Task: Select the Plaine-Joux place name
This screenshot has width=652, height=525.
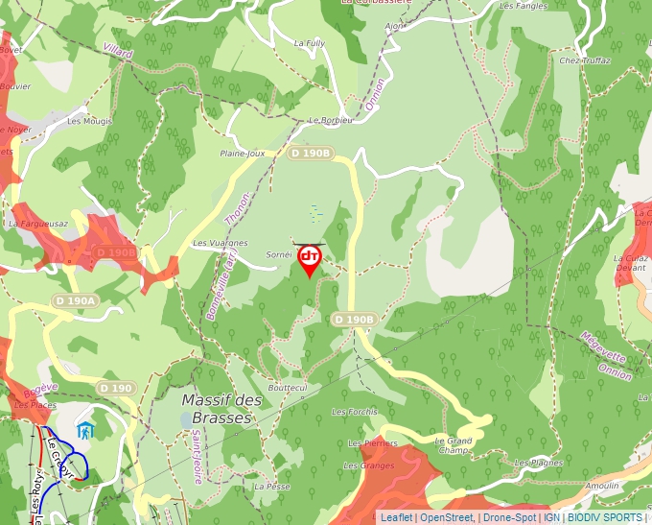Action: click(x=242, y=153)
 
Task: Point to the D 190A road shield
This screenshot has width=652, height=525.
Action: click(x=76, y=300)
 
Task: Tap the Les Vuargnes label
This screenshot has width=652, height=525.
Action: click(x=221, y=244)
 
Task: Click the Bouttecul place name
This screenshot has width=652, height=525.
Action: click(x=288, y=388)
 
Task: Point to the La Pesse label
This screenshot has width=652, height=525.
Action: click(x=271, y=487)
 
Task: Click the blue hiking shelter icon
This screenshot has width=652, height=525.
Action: click(x=86, y=431)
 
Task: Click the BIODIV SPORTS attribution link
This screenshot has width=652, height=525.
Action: click(x=605, y=517)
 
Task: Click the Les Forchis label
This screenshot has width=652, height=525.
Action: click(x=354, y=412)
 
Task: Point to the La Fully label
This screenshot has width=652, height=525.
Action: click(x=310, y=43)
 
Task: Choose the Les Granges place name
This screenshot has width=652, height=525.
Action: click(x=368, y=465)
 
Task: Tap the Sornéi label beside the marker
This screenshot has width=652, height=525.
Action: click(x=278, y=255)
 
